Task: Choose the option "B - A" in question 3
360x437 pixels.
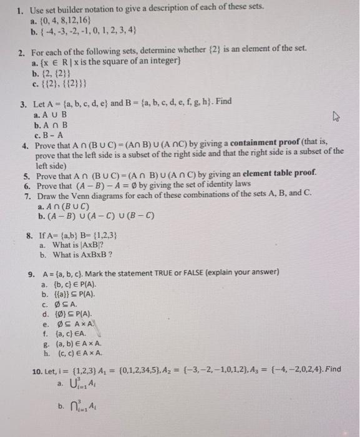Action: pos(51,132)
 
